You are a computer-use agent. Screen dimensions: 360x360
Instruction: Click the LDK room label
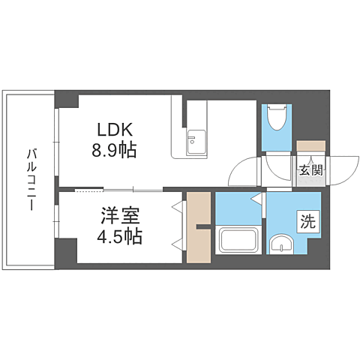coord(115,130)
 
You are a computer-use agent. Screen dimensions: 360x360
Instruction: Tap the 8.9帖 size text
coord(114,150)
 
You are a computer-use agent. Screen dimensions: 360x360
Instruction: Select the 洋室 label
coord(120,216)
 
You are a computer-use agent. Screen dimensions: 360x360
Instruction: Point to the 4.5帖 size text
coord(120,236)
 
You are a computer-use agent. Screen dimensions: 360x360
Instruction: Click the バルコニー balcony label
coord(31,179)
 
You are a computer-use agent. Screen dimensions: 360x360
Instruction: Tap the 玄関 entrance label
coord(311,170)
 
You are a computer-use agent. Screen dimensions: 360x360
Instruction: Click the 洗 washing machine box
coord(308,222)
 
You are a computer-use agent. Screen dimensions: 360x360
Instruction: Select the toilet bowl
coord(277,117)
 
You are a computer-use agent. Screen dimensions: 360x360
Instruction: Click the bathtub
coord(238,240)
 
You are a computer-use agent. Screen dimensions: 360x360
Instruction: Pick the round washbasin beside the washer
coord(282,244)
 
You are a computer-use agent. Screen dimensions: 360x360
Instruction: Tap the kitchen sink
coord(196,142)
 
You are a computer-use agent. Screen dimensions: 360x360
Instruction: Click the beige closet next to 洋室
coord(199,227)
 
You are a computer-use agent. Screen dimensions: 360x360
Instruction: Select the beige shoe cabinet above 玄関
coord(311,145)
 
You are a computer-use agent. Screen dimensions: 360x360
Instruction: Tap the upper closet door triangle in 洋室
coord(178,207)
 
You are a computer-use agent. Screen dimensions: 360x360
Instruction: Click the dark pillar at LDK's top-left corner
coord(67,100)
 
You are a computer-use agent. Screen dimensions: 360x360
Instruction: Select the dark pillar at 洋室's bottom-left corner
coord(66,253)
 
